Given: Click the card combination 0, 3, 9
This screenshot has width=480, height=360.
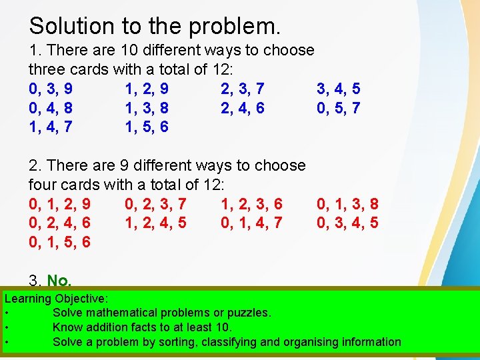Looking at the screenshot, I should coord(51,89).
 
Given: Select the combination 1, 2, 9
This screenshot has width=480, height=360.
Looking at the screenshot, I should coord(147,89).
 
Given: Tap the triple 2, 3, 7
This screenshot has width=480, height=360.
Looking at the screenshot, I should coord(243,89).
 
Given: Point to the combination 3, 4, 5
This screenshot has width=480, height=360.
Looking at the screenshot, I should coord(339,89).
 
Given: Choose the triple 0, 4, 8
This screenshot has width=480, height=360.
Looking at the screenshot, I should coord(51,108).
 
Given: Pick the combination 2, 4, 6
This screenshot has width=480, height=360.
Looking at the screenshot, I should coord(243,108).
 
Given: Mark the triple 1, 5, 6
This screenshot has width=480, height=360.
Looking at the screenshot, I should coord(147,127).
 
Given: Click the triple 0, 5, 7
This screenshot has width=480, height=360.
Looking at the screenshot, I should coord(339,108).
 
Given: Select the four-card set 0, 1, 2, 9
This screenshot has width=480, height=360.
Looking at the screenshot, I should coord(60,204).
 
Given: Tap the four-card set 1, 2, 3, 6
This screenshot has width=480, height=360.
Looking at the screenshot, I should coord(251,204).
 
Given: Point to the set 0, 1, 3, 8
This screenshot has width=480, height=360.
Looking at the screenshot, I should coord(347,204).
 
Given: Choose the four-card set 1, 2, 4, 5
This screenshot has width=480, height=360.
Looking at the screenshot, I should coord(155,223).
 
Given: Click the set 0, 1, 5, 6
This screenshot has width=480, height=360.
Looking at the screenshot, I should coord(60,242).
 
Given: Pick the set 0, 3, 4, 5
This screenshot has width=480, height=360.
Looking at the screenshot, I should coord(347,223).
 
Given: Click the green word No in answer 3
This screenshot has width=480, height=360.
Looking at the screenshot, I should coord(59,281).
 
